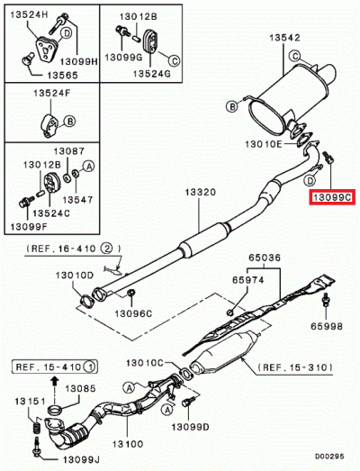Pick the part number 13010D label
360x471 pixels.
[74, 275]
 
